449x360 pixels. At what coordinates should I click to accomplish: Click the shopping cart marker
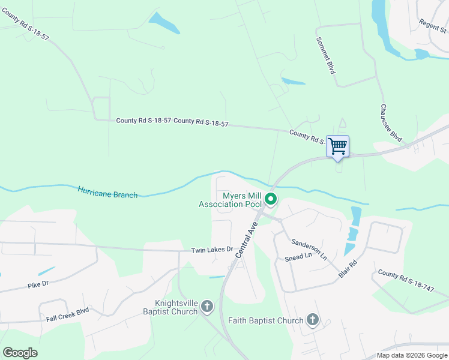337,146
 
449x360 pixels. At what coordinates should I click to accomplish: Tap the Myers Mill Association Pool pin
271,199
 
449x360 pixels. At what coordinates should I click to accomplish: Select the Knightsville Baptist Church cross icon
206,307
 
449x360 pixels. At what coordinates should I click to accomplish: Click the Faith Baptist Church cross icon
313,320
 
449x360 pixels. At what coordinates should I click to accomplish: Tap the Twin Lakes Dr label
211,250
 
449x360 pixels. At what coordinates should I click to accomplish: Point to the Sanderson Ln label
309,249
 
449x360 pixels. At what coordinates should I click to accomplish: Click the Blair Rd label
348,268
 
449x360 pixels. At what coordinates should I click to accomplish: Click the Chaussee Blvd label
391,123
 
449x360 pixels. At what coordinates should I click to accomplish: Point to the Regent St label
434,26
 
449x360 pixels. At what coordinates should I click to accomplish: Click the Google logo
20,352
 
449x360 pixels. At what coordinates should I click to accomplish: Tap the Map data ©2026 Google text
412,355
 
